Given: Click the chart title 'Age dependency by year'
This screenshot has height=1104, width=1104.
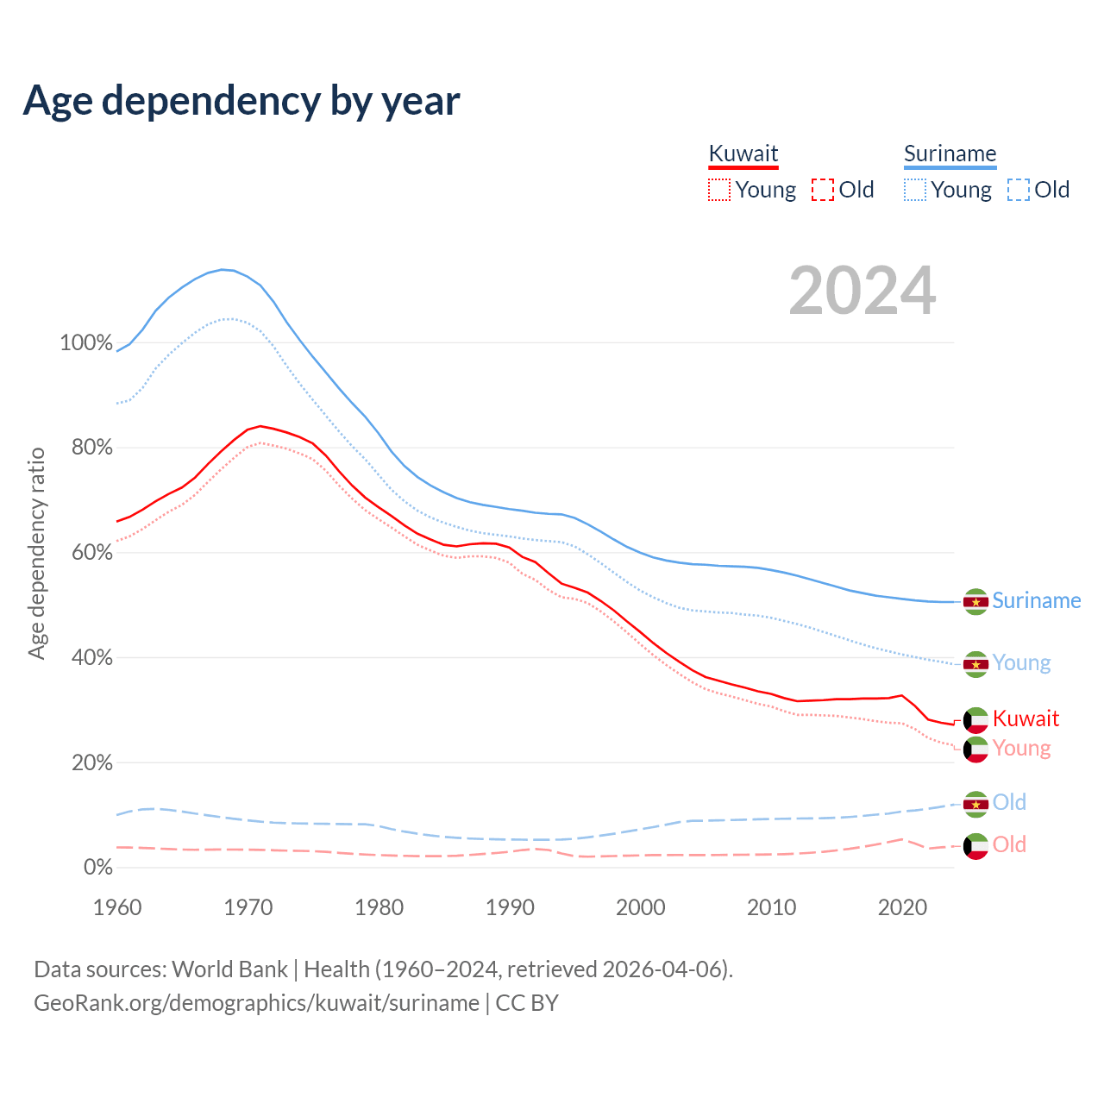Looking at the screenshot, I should click(241, 101).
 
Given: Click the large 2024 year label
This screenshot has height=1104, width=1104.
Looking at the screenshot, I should click(862, 292).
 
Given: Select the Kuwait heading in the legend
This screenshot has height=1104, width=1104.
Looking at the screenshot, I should click(743, 154).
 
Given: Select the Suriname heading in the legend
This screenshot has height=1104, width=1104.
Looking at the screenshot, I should click(950, 154).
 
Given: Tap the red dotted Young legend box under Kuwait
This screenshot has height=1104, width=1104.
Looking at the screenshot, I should click(718, 190).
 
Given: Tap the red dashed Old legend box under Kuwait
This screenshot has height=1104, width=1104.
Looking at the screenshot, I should click(822, 190).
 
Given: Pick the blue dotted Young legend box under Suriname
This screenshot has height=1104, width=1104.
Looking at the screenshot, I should click(914, 190).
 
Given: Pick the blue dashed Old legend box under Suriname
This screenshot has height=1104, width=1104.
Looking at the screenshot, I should click(1018, 190).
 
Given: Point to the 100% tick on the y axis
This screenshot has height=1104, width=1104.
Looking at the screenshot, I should click(86, 343).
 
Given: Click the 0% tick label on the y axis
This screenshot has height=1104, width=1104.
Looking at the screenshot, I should click(97, 868).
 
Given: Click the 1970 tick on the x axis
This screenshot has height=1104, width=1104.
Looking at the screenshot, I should click(248, 907).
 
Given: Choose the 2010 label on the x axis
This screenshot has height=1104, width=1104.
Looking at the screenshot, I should click(771, 907).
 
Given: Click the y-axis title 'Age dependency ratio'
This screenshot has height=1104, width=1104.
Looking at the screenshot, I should click(37, 553).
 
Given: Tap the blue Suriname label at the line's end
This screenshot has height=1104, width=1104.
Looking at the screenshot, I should click(1036, 601).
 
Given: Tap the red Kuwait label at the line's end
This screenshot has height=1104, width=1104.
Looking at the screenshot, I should click(1026, 718).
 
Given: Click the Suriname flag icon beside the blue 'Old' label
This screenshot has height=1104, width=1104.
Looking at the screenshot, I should click(975, 804).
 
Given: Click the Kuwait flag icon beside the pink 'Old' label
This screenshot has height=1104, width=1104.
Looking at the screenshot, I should click(975, 846).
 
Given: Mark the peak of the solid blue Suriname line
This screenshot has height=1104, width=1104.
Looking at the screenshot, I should click(223, 270).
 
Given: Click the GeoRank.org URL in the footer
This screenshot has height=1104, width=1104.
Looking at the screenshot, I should click(256, 1003).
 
